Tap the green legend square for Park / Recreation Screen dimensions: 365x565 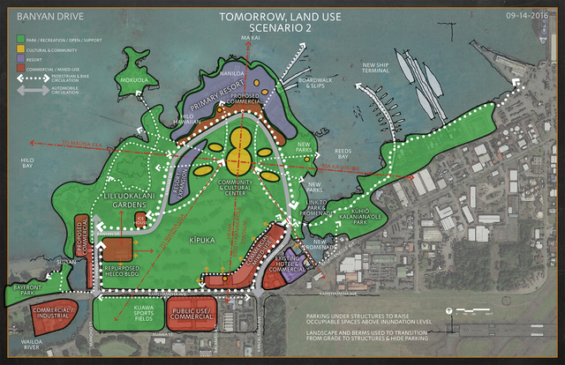tap(20, 38)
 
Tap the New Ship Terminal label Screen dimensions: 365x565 tap(382, 69)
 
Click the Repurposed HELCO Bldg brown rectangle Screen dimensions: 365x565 tap(117, 249)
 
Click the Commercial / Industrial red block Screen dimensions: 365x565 tap(49, 311)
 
